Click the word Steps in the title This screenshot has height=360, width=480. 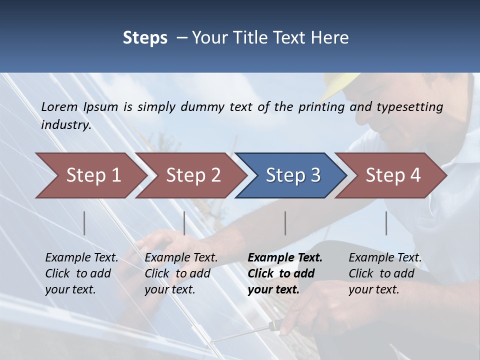pyautogui.click(x=145, y=37)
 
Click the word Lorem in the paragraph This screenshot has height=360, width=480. pyautogui.click(x=59, y=106)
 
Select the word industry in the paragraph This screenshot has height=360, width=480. pyautogui.click(x=66, y=125)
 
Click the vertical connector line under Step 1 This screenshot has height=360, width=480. pyautogui.click(x=84, y=223)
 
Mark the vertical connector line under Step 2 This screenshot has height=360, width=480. pyautogui.click(x=184, y=223)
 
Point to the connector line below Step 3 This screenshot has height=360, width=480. pyautogui.click(x=285, y=223)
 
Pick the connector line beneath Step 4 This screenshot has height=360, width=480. pyautogui.click(x=386, y=223)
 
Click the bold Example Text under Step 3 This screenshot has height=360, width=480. pyautogui.click(x=285, y=258)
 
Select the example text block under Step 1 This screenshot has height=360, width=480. pyautogui.click(x=81, y=273)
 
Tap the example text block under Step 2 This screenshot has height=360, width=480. pyautogui.click(x=181, y=273)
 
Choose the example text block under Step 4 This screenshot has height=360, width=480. pyautogui.click(x=385, y=273)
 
